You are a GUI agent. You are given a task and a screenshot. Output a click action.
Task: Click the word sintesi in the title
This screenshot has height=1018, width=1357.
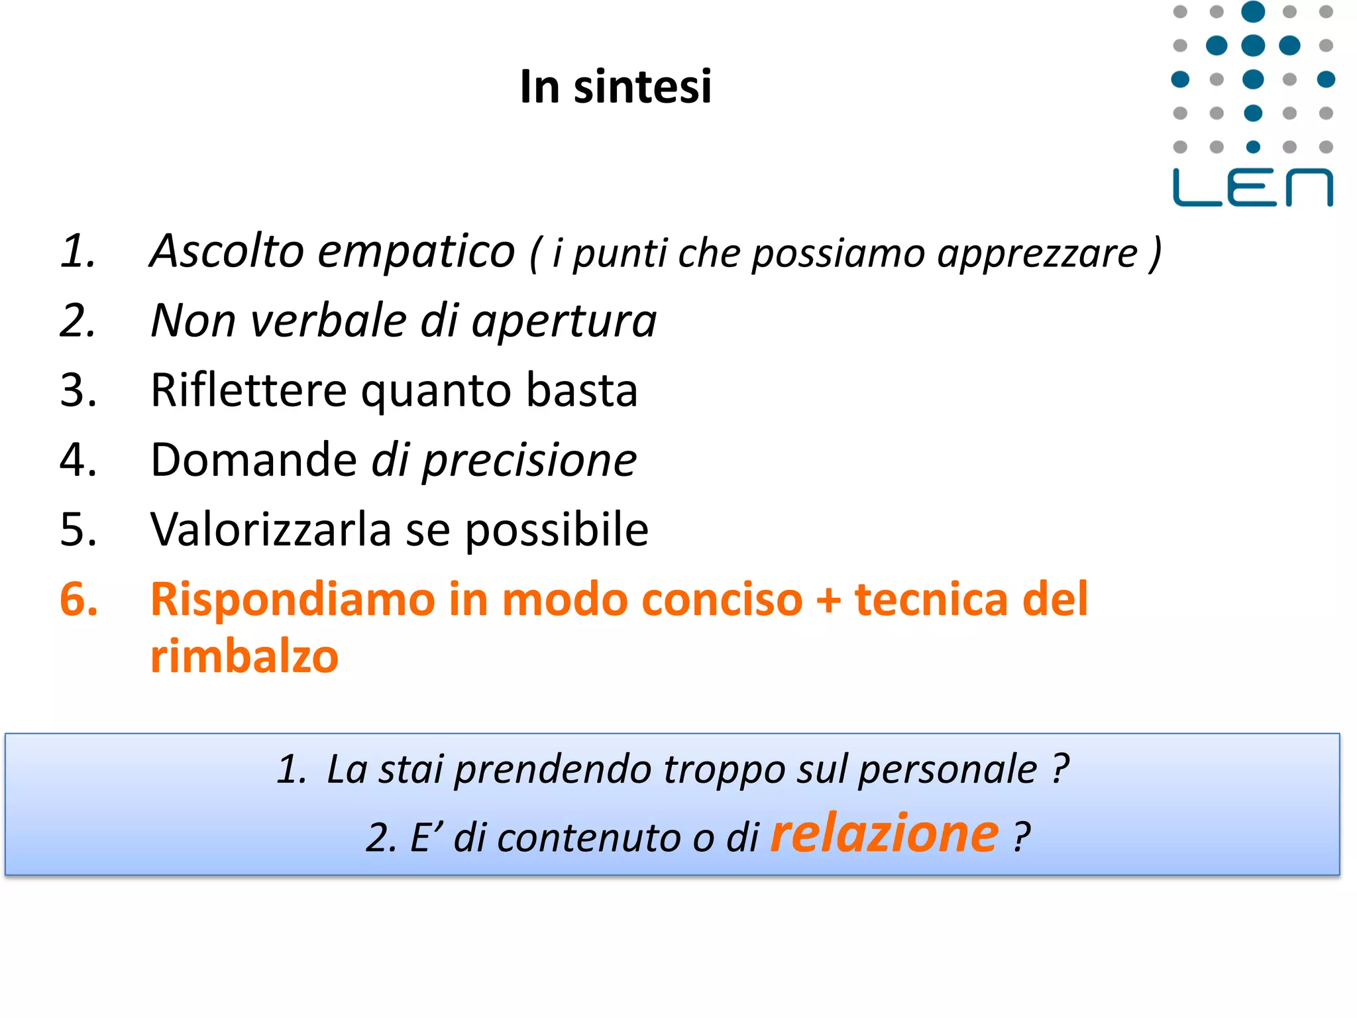click(x=642, y=87)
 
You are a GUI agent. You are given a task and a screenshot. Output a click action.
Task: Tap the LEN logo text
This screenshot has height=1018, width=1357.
click(x=1252, y=188)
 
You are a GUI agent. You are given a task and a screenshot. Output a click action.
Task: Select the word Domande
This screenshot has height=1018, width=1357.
click(x=254, y=459)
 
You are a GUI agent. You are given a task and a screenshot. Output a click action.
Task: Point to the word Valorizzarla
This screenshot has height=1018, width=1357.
click(x=271, y=530)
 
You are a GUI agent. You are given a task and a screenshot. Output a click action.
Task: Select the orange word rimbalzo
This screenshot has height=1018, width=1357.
click(x=244, y=656)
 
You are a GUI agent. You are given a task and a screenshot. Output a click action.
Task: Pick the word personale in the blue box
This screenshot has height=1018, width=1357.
click(x=948, y=771)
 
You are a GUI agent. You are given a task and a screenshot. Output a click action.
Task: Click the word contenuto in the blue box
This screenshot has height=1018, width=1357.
click(x=589, y=837)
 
